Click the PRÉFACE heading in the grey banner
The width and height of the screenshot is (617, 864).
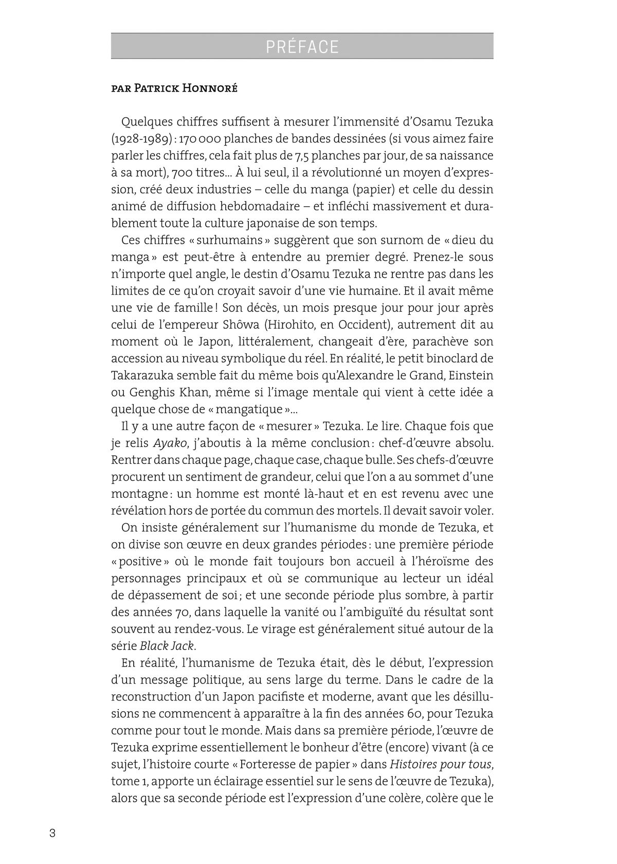coord(302,47)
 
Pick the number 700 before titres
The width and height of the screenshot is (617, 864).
coord(184,173)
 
